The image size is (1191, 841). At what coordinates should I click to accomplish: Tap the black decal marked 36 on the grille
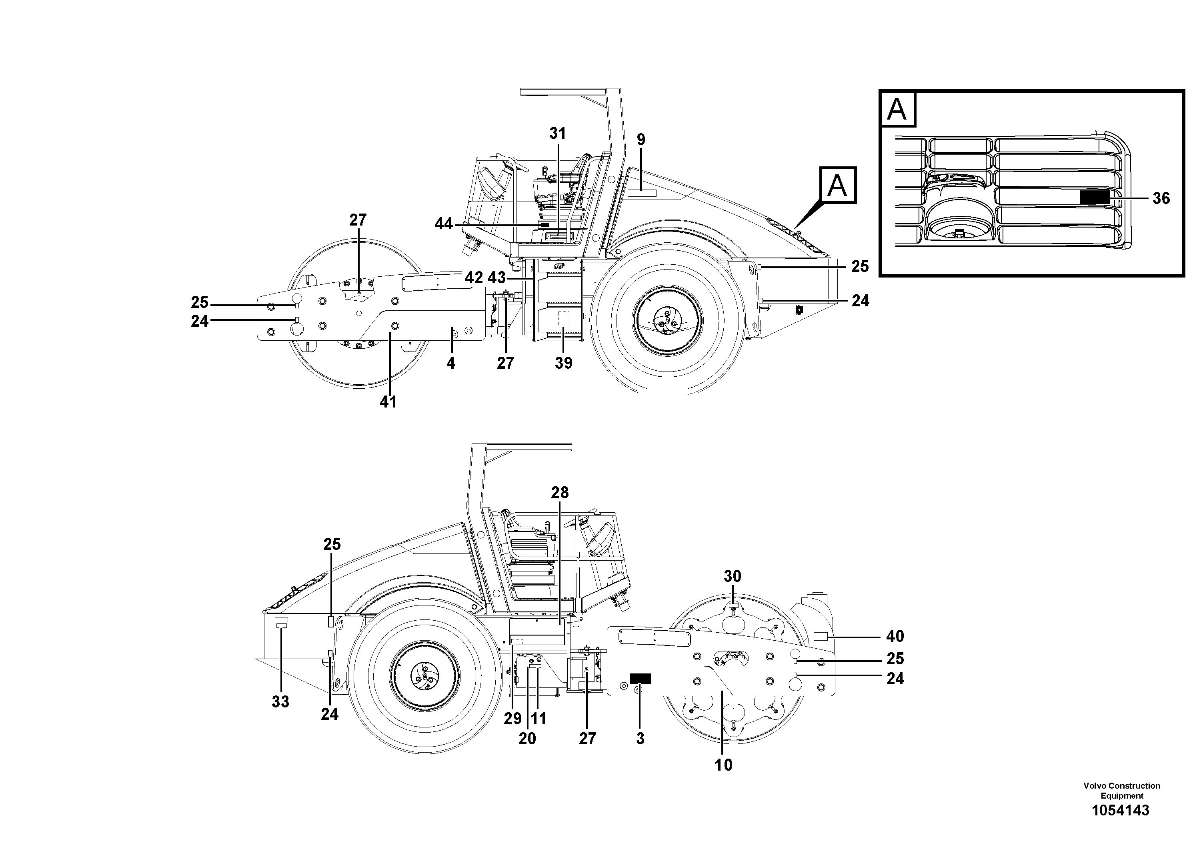[x=1095, y=197]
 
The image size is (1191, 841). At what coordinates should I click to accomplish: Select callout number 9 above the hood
[x=641, y=140]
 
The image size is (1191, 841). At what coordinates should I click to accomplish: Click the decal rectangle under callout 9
[x=642, y=193]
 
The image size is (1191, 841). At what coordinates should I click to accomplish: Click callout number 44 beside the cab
[x=444, y=224]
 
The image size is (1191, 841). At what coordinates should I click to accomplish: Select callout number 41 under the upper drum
[x=388, y=402]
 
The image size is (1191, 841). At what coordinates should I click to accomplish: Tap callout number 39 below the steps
[x=563, y=363]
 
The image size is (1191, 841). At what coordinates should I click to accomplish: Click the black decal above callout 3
[x=640, y=679]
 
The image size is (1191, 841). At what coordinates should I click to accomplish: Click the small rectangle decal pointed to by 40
[x=820, y=637]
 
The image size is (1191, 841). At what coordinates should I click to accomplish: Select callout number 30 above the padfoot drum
[x=733, y=576]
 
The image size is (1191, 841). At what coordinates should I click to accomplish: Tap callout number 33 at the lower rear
[x=280, y=701]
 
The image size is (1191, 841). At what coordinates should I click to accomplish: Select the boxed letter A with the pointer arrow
[x=837, y=185]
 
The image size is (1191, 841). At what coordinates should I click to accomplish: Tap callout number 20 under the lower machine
[x=527, y=738]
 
